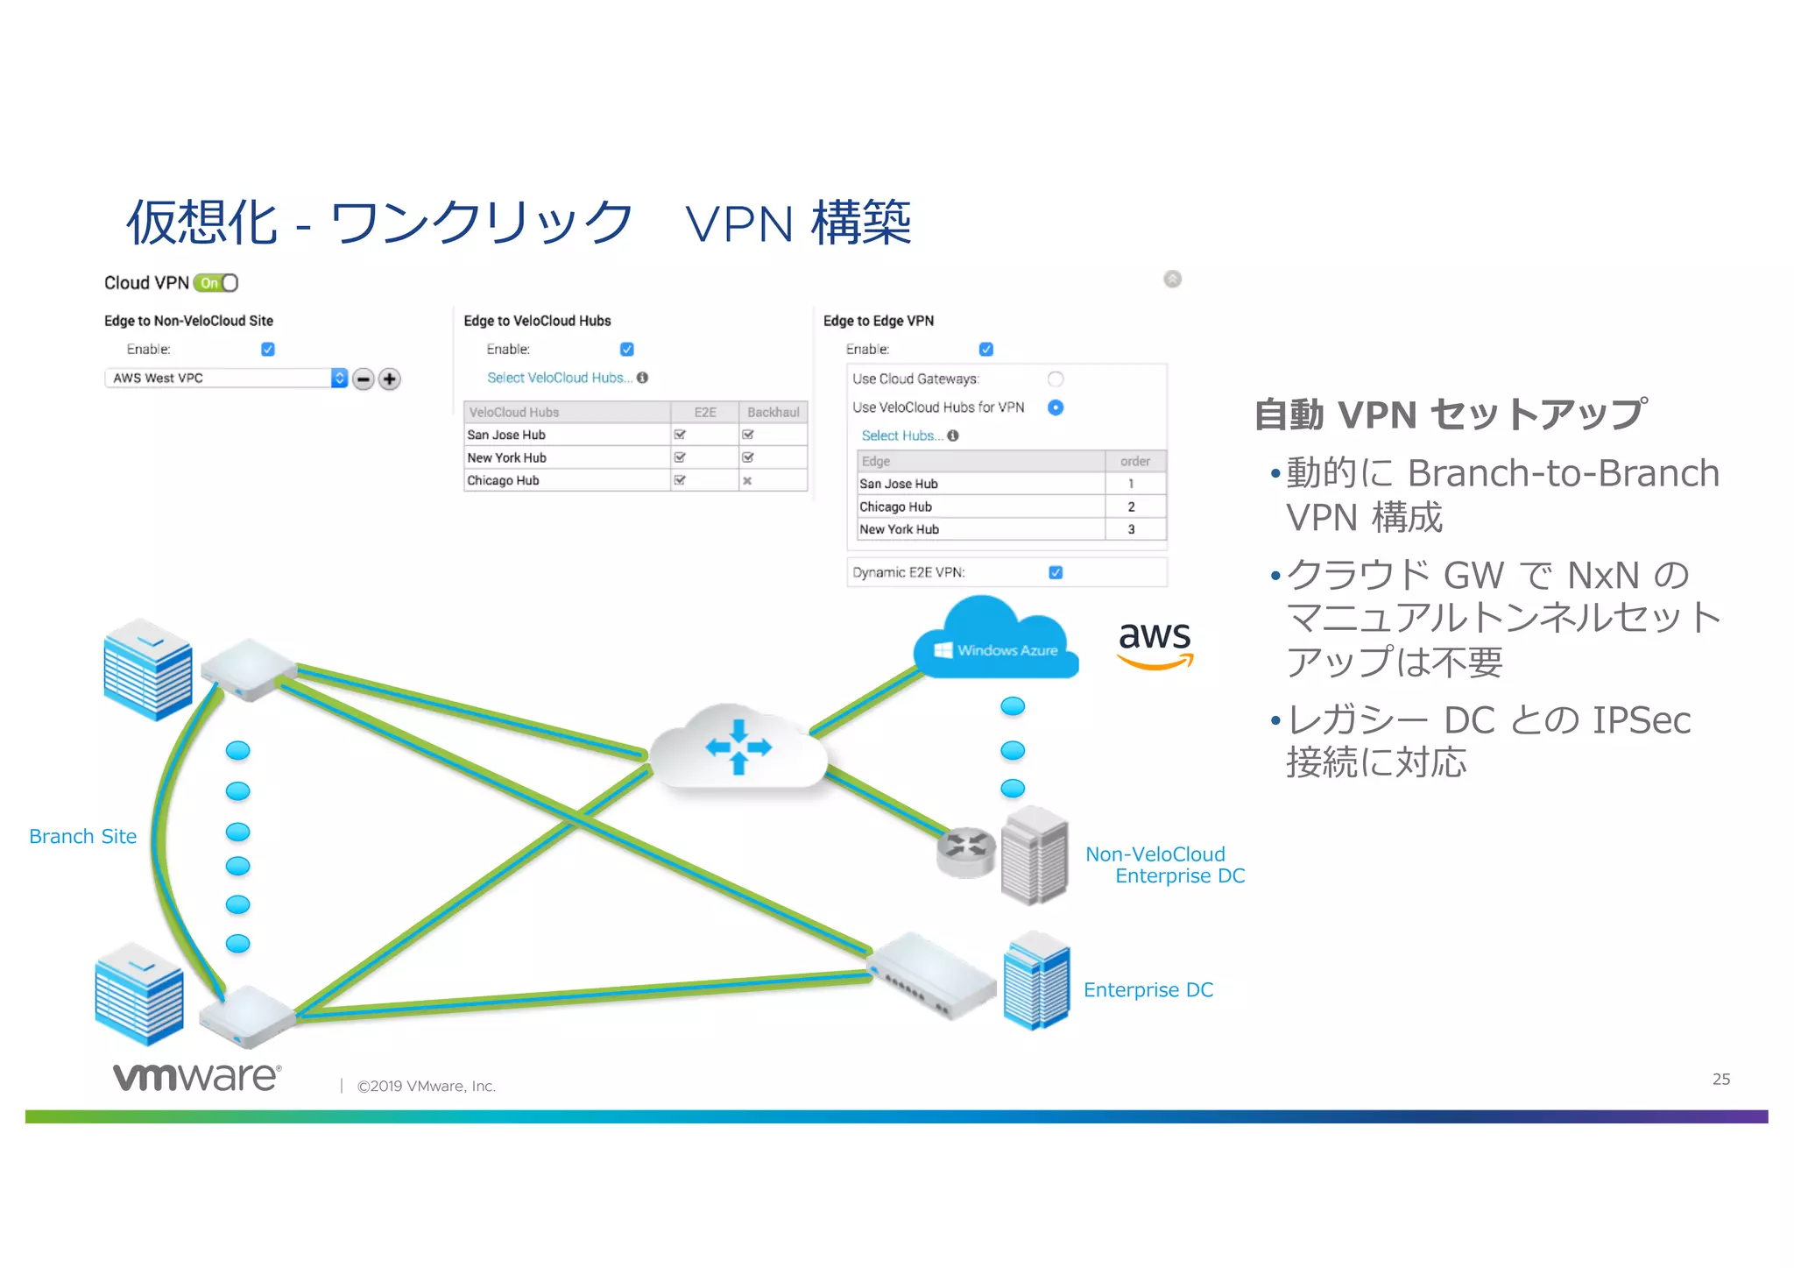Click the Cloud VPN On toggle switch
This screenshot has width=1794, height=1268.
pyautogui.click(x=215, y=283)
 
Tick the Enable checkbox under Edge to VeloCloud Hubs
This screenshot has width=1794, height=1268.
pyautogui.click(x=627, y=350)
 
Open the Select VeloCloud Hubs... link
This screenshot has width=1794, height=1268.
pyautogui.click(x=559, y=378)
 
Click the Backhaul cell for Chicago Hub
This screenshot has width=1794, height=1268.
pyautogui.click(x=747, y=481)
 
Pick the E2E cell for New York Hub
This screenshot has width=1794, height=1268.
pyautogui.click(x=680, y=457)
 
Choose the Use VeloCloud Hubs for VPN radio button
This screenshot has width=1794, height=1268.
pyautogui.click(x=1056, y=407)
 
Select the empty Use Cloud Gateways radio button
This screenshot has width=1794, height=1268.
pyautogui.click(x=1056, y=379)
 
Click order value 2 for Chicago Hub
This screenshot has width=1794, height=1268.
pyautogui.click(x=1131, y=507)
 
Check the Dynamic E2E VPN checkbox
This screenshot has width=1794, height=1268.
pyautogui.click(x=1056, y=573)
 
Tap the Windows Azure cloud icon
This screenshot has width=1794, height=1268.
pyautogui.click(x=996, y=644)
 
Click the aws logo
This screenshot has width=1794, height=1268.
pyautogui.click(x=1155, y=644)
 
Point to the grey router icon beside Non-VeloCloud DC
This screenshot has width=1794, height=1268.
pyautogui.click(x=966, y=852)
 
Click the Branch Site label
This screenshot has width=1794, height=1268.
pyautogui.click(x=83, y=837)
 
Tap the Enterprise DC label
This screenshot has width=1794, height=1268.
pyautogui.click(x=1148, y=990)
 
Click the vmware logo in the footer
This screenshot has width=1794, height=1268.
pyautogui.click(x=197, y=1077)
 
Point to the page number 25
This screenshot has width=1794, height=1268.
pyautogui.click(x=1720, y=1080)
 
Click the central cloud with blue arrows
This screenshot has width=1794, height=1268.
pyautogui.click(x=738, y=747)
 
